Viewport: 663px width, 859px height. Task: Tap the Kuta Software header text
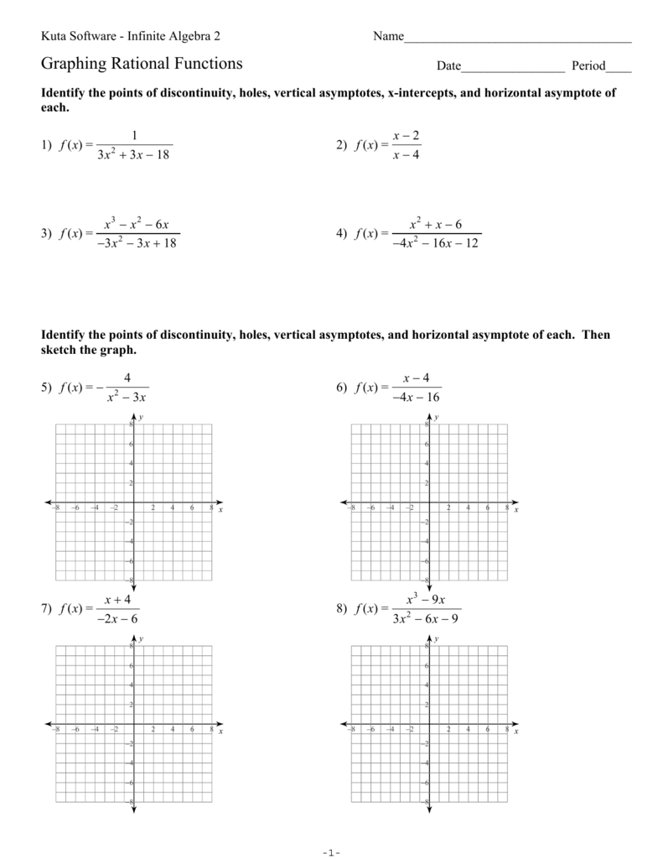(132, 36)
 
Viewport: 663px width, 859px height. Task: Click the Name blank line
(517, 40)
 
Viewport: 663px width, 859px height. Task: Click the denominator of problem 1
(133, 155)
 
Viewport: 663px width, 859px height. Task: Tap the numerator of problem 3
(137, 224)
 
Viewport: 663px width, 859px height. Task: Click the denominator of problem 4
(435, 244)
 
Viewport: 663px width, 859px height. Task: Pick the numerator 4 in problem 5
(128, 377)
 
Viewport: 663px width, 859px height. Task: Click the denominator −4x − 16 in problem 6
(417, 398)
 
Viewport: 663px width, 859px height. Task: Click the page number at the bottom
(331, 852)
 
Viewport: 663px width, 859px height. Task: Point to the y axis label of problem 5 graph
(141, 417)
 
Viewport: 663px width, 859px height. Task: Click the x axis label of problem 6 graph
(516, 510)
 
